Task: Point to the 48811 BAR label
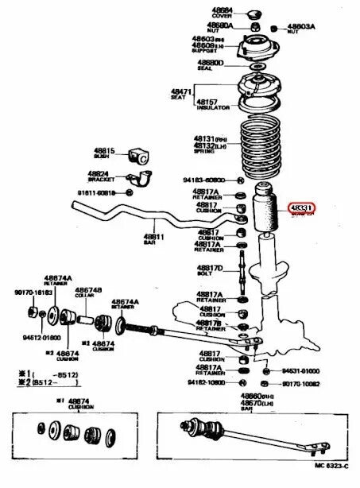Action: tap(153, 239)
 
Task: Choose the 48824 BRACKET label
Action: tap(99, 175)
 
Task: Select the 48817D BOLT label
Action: tap(210, 270)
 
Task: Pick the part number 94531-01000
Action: tap(300, 370)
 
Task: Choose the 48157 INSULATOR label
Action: tap(213, 105)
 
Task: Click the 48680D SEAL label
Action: tap(211, 64)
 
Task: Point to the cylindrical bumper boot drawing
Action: tap(264, 211)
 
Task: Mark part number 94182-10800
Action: tap(206, 382)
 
